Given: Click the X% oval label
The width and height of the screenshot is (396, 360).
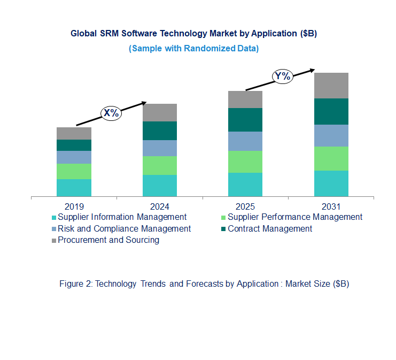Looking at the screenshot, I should [111, 113].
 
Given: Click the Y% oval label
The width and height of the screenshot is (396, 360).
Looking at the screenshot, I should [282, 76].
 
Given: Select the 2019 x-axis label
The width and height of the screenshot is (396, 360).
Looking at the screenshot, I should [74, 206].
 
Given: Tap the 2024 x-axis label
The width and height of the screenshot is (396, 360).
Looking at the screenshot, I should [159, 206].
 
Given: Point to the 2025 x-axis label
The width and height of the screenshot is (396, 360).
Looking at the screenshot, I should [245, 206].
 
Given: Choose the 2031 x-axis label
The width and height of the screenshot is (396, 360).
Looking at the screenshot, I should [331, 206].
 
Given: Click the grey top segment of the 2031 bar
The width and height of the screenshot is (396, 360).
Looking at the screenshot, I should [331, 86].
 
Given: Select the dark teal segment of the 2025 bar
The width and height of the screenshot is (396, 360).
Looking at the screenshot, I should [245, 120].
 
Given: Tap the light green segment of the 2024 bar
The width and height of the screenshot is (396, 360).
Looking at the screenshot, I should [159, 165].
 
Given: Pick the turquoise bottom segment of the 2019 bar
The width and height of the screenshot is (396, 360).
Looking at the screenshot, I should [74, 188].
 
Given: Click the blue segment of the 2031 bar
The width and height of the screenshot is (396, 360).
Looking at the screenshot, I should [331, 135].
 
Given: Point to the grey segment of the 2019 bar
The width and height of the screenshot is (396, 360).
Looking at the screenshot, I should [74, 133].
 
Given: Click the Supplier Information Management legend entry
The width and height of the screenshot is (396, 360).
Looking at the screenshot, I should [122, 217].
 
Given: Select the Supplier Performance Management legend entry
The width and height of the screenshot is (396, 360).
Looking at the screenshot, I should [294, 217].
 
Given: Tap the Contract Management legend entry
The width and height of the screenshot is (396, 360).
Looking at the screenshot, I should [269, 229].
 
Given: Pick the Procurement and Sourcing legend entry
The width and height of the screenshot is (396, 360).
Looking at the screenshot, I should [108, 240].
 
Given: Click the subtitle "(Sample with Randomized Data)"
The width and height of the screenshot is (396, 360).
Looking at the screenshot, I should [193, 49].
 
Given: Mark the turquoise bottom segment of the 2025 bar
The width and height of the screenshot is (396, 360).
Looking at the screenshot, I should [245, 185].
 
